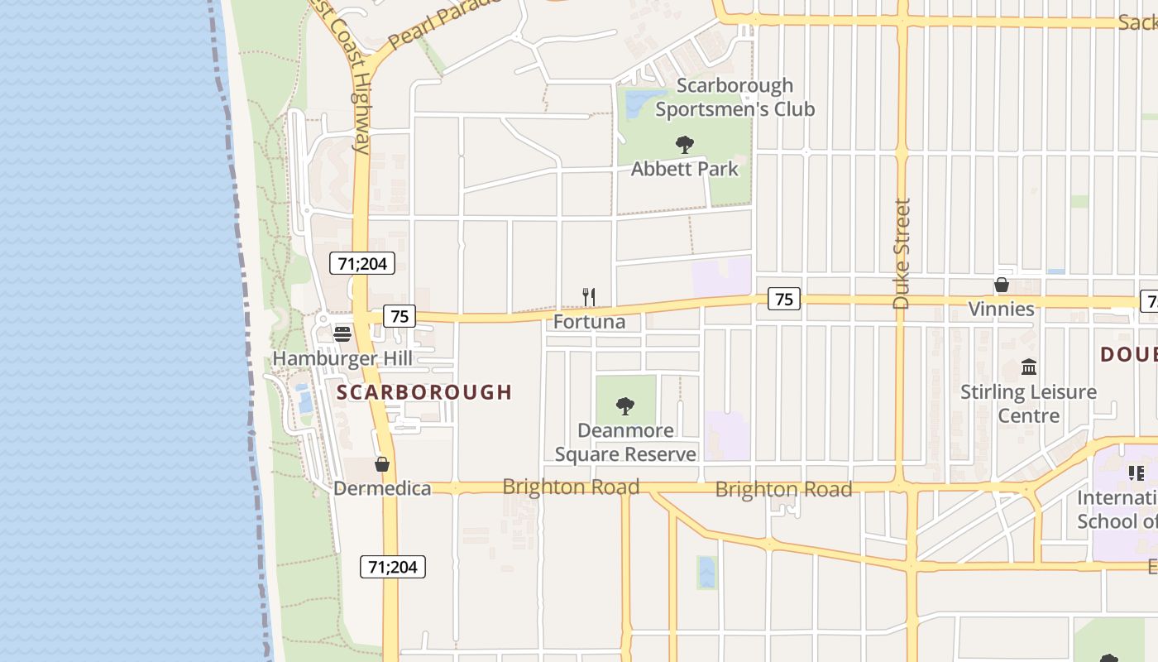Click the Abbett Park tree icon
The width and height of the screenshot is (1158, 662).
pyautogui.click(x=684, y=146)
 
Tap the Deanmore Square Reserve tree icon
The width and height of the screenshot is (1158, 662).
pyautogui.click(x=625, y=406)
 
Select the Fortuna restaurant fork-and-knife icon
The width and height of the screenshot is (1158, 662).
pyautogui.click(x=589, y=297)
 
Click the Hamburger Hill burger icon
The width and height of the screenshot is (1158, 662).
pyautogui.click(x=342, y=333)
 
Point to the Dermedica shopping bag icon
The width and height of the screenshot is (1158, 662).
pyautogui.click(x=381, y=464)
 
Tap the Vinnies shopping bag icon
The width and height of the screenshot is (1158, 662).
pyautogui.click(x=1002, y=285)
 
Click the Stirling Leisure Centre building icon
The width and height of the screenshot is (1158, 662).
pyautogui.click(x=1029, y=367)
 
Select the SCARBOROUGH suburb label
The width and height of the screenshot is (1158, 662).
pyautogui.click(x=424, y=392)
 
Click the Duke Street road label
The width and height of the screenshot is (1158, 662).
pyautogui.click(x=902, y=253)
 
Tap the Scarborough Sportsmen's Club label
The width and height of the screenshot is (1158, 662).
pyautogui.click(x=735, y=98)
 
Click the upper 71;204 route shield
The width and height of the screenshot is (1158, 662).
pyautogui.click(x=362, y=263)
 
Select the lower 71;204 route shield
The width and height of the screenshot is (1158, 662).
pyautogui.click(x=393, y=567)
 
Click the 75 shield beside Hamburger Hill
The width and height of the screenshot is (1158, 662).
pyautogui.click(x=400, y=316)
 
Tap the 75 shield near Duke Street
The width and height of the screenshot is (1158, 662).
pyautogui.click(x=784, y=299)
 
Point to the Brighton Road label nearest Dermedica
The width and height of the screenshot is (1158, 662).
pyautogui.click(x=571, y=487)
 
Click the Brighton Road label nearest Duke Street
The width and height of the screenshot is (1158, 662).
pyautogui.click(x=783, y=489)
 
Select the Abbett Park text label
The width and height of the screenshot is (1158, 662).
pyautogui.click(x=684, y=169)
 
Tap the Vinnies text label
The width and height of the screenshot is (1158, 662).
pyautogui.click(x=1002, y=309)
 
